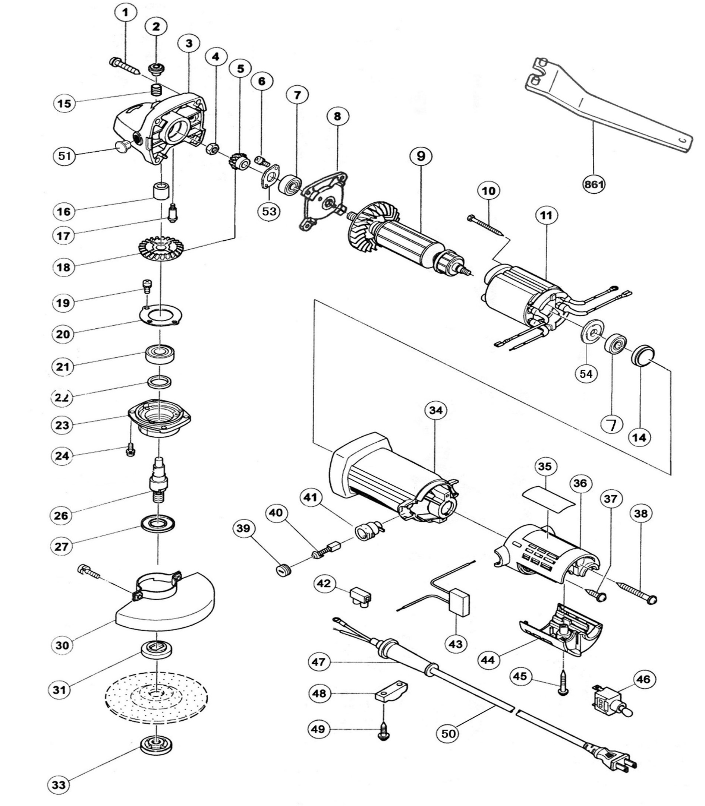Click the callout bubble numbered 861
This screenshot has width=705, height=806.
[594, 184]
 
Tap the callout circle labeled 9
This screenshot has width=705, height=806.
[421, 156]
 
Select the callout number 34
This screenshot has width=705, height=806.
[435, 411]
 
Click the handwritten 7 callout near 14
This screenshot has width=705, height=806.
[612, 425]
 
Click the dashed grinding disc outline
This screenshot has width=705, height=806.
[157, 696]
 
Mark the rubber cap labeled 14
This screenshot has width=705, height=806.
[643, 355]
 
